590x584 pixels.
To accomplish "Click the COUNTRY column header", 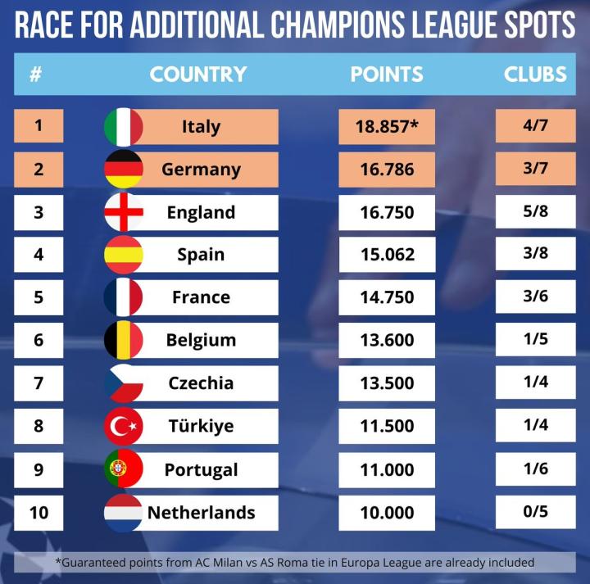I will (x=197, y=74).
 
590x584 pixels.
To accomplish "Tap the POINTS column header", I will (x=387, y=74).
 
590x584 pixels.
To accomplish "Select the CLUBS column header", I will (x=535, y=74).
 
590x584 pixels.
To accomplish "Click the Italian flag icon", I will (x=124, y=127).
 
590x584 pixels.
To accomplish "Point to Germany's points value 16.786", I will (x=386, y=170).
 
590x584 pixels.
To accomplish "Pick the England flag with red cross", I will (x=124, y=212).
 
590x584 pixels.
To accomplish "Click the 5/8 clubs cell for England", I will (x=535, y=212).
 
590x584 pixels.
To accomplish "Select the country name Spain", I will (x=201, y=255).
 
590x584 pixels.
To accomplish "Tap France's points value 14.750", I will (x=386, y=297).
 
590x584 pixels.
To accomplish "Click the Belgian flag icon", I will (x=124, y=340).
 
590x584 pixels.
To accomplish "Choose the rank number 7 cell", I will (x=38, y=383).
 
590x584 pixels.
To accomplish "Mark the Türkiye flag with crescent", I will (x=124, y=426).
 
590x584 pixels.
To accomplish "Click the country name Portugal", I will (x=201, y=469).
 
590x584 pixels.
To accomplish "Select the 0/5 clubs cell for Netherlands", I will (x=535, y=513).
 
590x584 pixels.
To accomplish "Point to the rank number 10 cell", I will (x=38, y=513).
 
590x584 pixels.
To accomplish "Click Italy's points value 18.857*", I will (x=386, y=127).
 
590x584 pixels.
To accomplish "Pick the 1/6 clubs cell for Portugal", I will (x=535, y=469).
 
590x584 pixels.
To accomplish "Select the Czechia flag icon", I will (x=124, y=383).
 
